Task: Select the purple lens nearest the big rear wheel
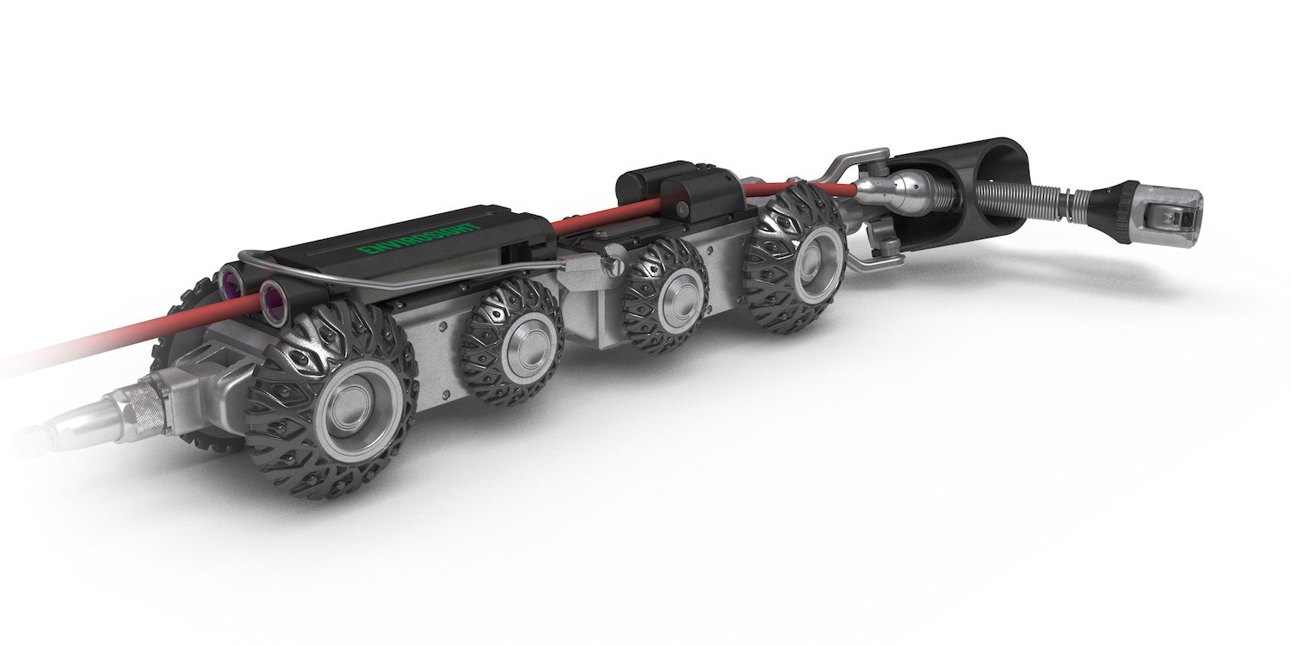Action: click(275, 299)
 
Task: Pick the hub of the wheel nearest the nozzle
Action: click(818, 258)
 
